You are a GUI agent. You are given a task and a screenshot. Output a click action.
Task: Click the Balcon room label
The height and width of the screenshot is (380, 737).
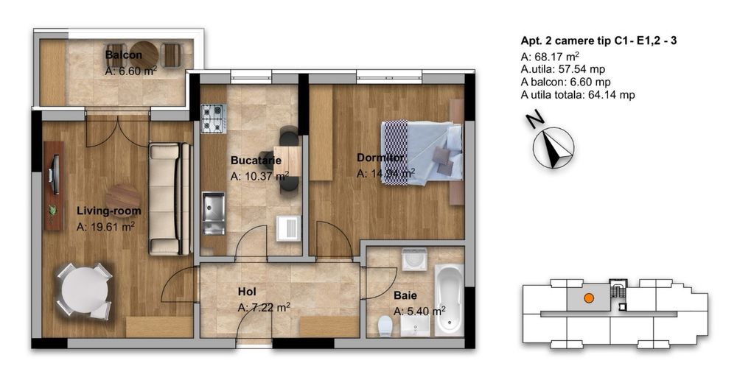[124, 55]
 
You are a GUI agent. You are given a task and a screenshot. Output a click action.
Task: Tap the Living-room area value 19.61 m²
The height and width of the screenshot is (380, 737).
[105, 228]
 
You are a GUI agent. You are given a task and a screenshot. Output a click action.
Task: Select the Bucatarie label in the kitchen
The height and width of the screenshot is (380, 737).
[256, 161]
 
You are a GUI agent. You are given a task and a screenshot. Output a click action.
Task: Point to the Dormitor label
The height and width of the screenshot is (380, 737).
[381, 158]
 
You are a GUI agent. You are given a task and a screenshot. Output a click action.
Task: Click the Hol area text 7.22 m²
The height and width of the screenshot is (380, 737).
[264, 308]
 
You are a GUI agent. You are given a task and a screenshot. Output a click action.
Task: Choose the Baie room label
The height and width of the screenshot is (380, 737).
[405, 295]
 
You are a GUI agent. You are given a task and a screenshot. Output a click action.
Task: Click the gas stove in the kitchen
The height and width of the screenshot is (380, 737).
[214, 118]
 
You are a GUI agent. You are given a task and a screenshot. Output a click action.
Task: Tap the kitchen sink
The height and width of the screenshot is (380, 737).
[214, 214]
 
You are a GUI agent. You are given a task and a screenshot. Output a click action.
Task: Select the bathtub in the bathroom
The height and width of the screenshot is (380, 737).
[449, 300]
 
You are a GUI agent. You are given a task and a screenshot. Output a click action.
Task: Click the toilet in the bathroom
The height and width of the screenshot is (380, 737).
[385, 326]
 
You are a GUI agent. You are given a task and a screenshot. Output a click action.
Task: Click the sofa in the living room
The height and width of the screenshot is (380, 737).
[170, 199]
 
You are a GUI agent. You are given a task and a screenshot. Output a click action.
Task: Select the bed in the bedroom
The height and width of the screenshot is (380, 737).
[422, 153]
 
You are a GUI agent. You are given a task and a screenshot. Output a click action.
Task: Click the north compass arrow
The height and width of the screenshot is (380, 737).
[553, 147]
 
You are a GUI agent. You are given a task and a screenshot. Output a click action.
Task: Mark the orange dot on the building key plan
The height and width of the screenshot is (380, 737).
[588, 298]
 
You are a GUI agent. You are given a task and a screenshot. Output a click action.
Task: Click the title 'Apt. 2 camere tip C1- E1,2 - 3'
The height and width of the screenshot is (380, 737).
[598, 41]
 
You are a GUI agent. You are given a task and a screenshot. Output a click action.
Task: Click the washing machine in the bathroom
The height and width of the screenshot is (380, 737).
[414, 259]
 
